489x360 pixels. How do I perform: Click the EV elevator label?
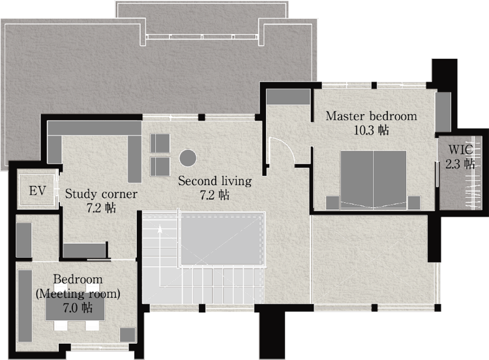coord(37,190)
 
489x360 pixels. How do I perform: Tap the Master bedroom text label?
coord(371,116)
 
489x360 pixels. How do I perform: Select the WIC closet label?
coord(460,149)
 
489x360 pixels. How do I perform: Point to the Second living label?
coord(215,181)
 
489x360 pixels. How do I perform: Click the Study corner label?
coord(101,194)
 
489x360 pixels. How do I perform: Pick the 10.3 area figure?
coord(364,130)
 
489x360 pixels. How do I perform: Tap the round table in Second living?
coord(188,158)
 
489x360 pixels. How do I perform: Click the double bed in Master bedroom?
coord(374,180)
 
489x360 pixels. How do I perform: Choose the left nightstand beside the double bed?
coord(333,203)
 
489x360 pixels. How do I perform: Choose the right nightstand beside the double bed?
coord(414,203)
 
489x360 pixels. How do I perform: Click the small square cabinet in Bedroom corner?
coord(128,335)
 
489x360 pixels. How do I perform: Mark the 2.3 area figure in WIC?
coord(452,164)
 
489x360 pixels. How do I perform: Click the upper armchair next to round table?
coord(160,143)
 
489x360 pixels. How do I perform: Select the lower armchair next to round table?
coord(160,166)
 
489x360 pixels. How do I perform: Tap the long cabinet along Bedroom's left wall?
coord(25,306)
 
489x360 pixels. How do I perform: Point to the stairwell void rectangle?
coord(221,239)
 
